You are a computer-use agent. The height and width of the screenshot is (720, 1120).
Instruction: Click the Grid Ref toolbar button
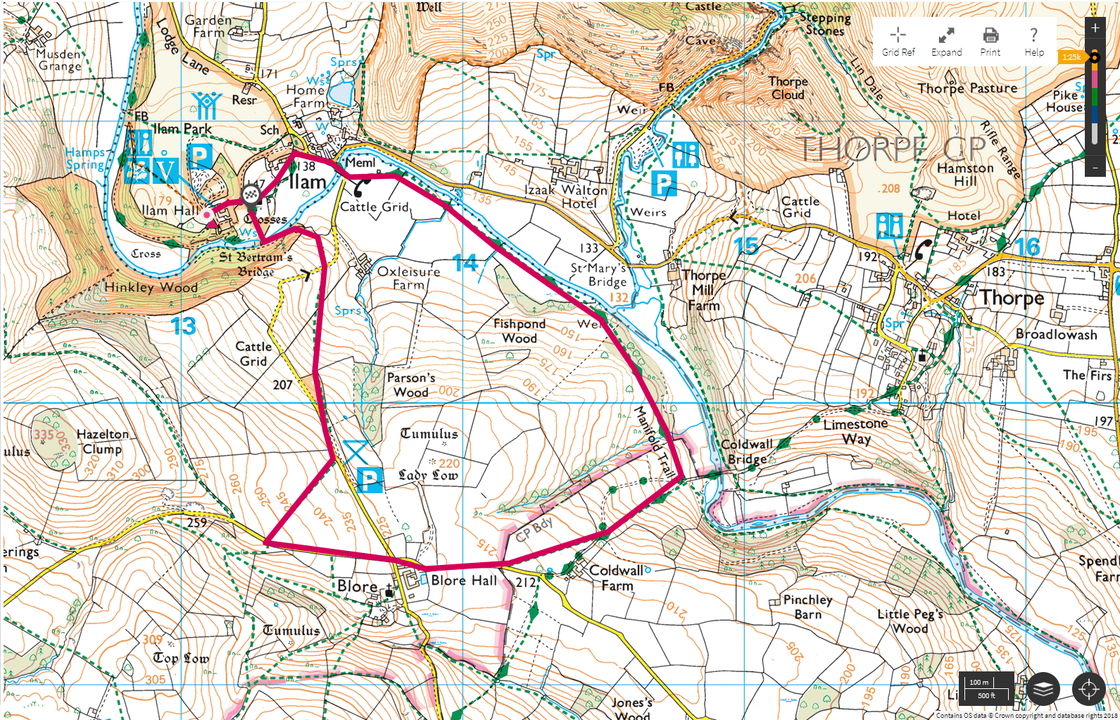898,41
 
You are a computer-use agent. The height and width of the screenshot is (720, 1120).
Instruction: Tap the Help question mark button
1033,41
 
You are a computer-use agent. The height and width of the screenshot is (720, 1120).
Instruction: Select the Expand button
946,41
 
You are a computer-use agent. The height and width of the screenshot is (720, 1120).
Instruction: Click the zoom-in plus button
1095,28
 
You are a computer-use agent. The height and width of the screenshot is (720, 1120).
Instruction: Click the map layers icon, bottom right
1043,688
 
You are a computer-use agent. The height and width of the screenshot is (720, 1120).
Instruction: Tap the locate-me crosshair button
1088,688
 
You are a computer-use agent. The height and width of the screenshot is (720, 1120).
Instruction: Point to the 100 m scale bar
986,688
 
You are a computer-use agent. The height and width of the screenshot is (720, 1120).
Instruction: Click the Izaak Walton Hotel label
566,197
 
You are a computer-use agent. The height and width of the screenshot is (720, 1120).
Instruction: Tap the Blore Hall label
463,581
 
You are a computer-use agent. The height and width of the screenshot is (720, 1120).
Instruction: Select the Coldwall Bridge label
746,452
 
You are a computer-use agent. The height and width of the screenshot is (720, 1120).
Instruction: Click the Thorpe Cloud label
788,88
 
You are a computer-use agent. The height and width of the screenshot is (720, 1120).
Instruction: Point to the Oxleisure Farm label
408,278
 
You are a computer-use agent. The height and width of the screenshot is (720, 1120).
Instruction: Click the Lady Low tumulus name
428,476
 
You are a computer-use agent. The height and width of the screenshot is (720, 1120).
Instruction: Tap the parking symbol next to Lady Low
370,480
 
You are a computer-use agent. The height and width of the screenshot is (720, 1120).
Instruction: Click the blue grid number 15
746,245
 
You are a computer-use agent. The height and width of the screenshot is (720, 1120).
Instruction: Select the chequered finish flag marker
251,195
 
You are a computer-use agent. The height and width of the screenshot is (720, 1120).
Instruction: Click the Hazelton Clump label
102,442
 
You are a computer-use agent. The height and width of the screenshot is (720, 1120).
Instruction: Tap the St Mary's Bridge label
598,275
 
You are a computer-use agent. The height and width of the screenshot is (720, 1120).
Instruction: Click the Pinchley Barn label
807,607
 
